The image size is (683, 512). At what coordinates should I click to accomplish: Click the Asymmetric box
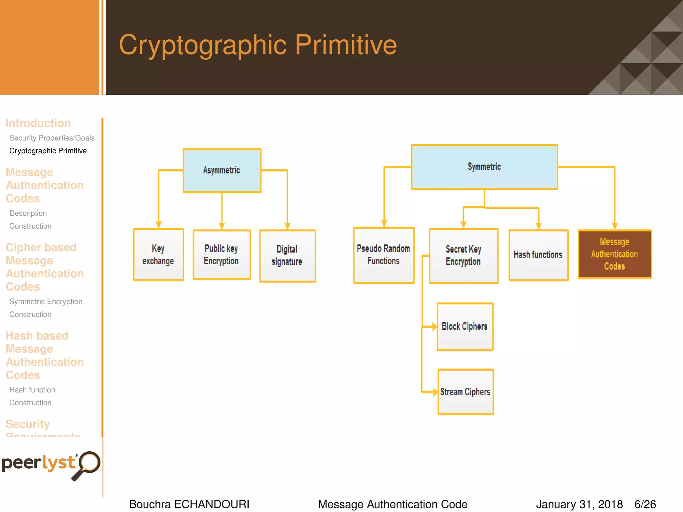222,170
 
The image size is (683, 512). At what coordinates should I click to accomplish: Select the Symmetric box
484,167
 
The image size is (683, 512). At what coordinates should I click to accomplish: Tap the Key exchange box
158,255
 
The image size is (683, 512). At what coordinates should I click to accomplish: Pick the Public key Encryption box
221,255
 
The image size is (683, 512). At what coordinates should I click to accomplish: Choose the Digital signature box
287,256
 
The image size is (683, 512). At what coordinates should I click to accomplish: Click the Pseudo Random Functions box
384,255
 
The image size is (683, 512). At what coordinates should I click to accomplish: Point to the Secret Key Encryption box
464,256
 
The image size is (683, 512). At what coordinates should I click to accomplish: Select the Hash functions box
538,255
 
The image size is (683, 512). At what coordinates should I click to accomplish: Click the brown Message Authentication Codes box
615,254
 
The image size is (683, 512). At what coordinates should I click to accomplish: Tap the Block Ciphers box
465,326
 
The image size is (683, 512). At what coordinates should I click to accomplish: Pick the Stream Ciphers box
466,392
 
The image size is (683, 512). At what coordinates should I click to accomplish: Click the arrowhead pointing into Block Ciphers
434,327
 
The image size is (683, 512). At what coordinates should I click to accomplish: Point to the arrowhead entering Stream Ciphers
435,392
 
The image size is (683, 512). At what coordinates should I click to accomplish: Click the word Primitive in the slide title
346,45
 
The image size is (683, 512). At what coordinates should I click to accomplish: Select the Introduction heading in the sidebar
38,123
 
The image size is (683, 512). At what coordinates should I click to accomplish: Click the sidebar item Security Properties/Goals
52,138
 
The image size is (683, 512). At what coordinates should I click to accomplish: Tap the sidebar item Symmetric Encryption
46,302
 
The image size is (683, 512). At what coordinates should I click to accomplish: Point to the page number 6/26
645,504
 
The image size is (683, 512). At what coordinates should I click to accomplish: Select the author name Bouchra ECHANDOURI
189,504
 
